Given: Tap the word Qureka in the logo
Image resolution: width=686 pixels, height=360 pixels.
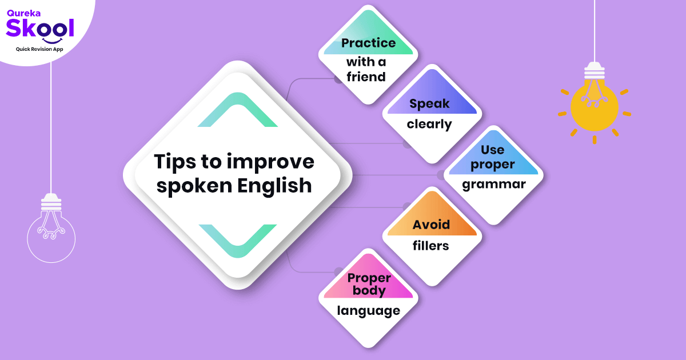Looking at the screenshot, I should pyautogui.click(x=21, y=10).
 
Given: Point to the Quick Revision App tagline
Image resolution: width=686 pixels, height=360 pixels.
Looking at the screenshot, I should pyautogui.click(x=39, y=49).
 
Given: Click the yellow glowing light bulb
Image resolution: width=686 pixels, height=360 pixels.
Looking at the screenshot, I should pyautogui.click(x=594, y=106).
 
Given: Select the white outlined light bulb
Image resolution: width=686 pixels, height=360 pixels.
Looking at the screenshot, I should pyautogui.click(x=51, y=229).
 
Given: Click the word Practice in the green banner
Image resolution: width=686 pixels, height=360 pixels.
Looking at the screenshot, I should pyautogui.click(x=368, y=43).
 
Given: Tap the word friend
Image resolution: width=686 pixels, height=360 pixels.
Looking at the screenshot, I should pyautogui.click(x=366, y=77).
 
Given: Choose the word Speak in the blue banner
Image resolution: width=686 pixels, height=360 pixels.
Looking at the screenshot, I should pyautogui.click(x=429, y=103).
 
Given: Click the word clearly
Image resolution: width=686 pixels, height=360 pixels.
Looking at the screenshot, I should pyautogui.click(x=429, y=124).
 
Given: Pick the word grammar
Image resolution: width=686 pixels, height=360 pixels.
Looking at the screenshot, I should pyautogui.click(x=493, y=185).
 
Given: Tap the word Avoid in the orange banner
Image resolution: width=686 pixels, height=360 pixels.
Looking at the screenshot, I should pyautogui.click(x=432, y=225).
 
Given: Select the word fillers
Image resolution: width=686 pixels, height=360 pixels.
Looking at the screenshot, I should pyautogui.click(x=431, y=246).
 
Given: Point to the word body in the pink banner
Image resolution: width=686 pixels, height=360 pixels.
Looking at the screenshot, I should pyautogui.click(x=369, y=290).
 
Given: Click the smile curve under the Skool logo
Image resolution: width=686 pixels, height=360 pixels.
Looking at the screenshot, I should pyautogui.click(x=52, y=40).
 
